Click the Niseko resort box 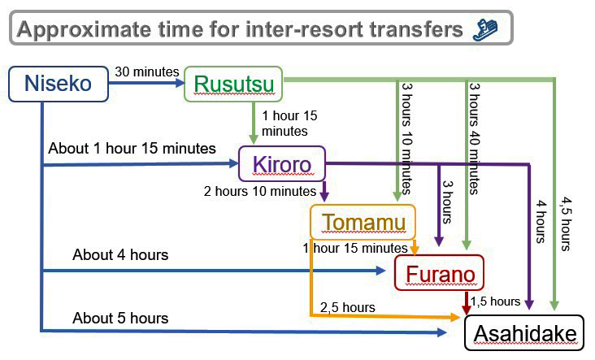tap(59, 84)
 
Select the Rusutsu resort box tap(233, 84)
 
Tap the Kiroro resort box tap(282, 164)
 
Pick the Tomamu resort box tap(363, 222)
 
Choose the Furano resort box tap(440, 273)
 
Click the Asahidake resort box tap(524, 332)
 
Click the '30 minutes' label tap(147, 72)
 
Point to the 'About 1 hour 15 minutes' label tap(132, 149)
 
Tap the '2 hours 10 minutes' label tap(260, 191)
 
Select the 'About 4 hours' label tap(120, 255)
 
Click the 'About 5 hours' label tap(120, 319)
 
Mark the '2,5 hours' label tap(348, 307)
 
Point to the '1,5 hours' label tap(495, 301)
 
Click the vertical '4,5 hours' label tap(566, 223)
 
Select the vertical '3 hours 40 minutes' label tap(475, 139)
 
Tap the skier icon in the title tap(485, 29)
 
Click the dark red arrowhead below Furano tap(467, 308)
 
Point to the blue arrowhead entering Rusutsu tap(179, 82)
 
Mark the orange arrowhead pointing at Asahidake tap(455, 317)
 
